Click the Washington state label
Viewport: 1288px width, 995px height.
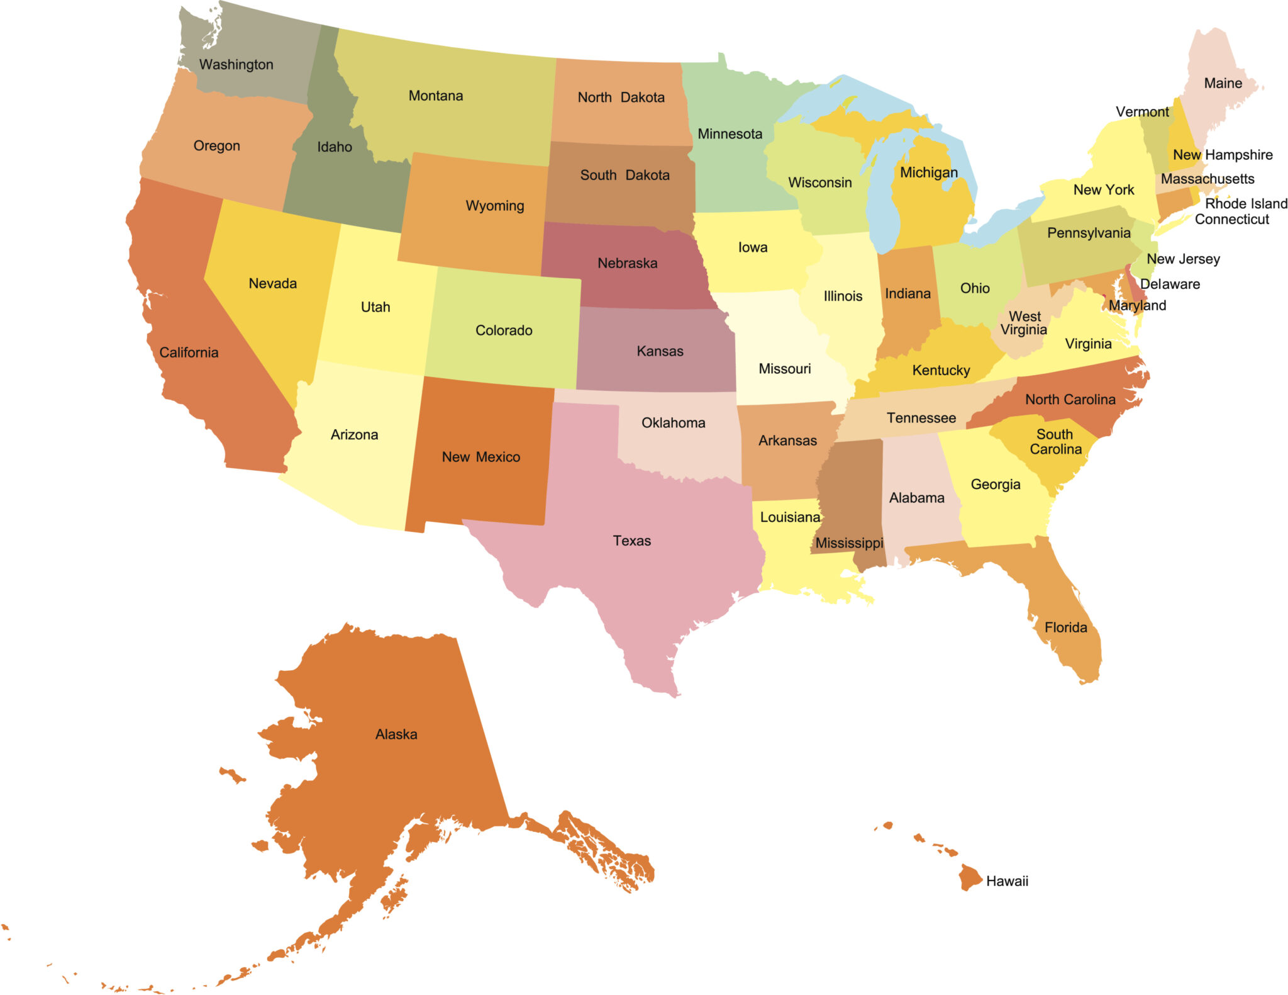[236, 64]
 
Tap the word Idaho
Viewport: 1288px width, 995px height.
[334, 147]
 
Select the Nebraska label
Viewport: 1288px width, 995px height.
[627, 263]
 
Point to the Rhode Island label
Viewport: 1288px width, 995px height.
[1246, 203]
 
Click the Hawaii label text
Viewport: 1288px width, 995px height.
[1007, 880]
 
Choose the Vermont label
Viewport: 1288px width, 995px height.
[1141, 111]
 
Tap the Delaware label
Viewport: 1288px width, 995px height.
[1170, 284]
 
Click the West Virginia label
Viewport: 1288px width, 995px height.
[1024, 323]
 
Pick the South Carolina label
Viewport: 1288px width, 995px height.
[1055, 441]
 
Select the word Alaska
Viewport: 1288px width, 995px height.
[396, 734]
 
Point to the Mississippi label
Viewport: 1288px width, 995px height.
[849, 542]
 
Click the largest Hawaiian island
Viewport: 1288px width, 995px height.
[969, 876]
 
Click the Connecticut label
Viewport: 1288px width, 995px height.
[1231, 219]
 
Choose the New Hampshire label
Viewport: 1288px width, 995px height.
[1223, 154]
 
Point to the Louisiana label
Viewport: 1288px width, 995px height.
[790, 517]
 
